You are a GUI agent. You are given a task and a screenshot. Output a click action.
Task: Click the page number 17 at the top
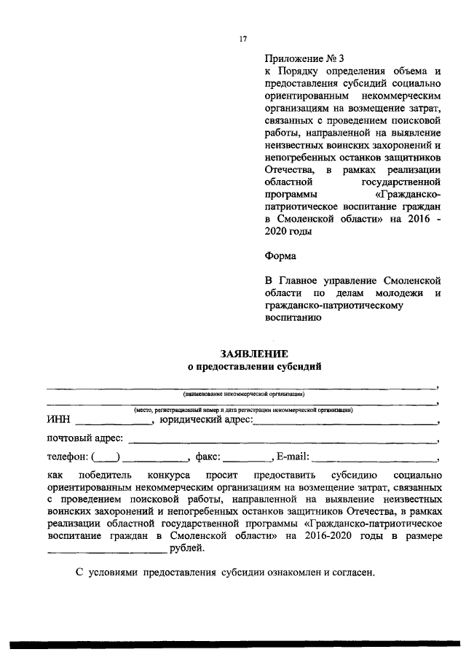click(x=243, y=39)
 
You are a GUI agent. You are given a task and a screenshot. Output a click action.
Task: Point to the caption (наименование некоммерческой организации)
click(x=243, y=392)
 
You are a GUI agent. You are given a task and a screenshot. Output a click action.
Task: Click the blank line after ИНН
click(x=113, y=423)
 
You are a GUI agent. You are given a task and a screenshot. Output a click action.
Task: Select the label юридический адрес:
click(x=206, y=420)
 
